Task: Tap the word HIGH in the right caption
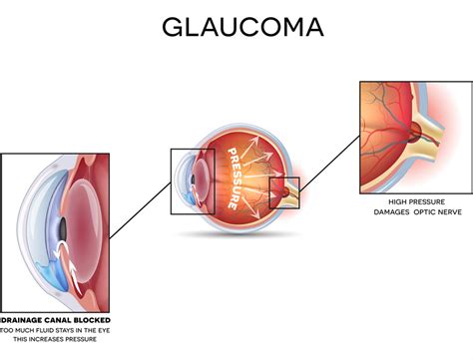click(386, 201)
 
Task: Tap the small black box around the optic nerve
click(283, 191)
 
